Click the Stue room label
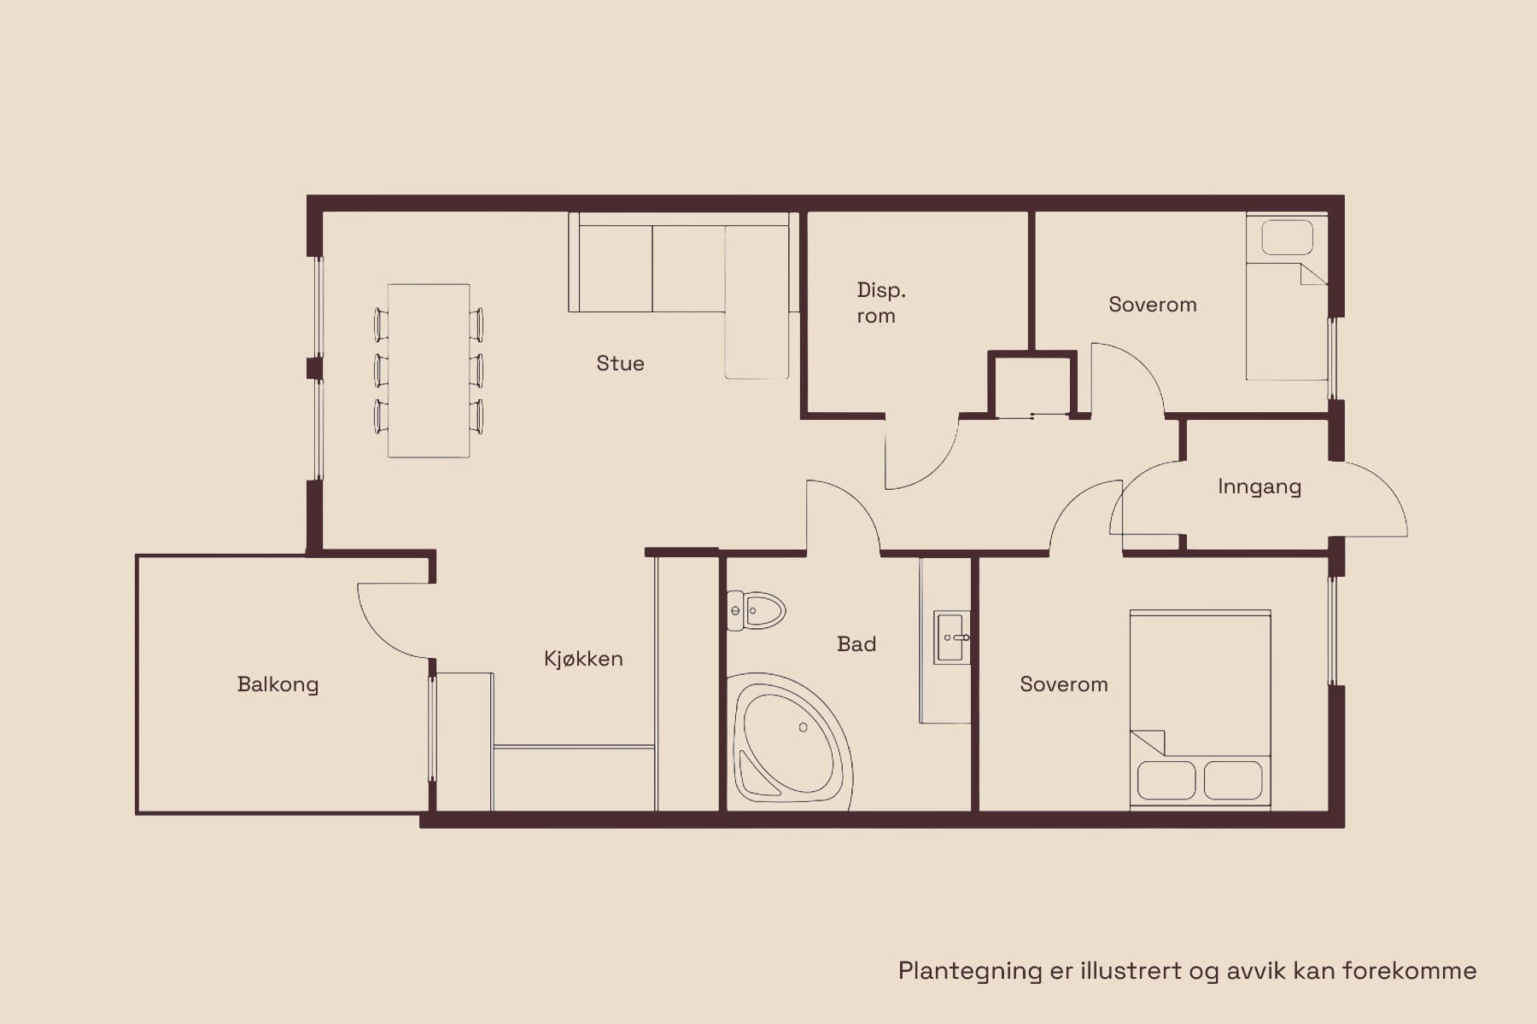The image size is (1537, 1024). click(620, 364)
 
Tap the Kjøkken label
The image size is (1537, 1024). click(583, 659)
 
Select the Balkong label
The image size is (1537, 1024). click(278, 684)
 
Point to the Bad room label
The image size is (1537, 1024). click(856, 644)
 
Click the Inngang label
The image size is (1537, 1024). click(1259, 486)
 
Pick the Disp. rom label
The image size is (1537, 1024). click(881, 303)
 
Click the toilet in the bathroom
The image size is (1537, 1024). click(756, 611)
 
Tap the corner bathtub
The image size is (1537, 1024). click(790, 741)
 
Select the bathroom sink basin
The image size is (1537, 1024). click(952, 637)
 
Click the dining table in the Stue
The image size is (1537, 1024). click(429, 370)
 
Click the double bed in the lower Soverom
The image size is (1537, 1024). click(1201, 708)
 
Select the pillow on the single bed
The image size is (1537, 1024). click(1287, 237)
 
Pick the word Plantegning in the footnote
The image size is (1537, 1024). click(970, 971)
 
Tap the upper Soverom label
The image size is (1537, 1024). click(1153, 305)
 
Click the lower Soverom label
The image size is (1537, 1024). click(1064, 684)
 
